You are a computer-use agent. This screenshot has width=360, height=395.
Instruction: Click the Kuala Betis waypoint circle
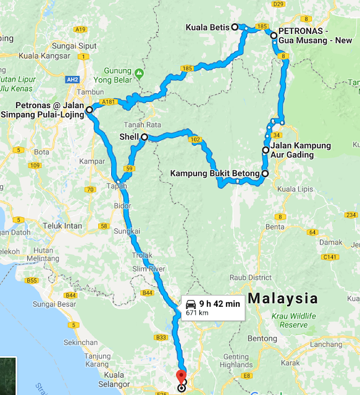point(235,27)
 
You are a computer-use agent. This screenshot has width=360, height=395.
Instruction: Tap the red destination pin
point(181,376)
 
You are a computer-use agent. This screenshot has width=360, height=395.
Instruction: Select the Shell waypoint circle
point(144,137)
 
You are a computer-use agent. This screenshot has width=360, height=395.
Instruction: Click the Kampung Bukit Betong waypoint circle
point(265,174)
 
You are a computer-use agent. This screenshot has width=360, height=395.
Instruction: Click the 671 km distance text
point(198,313)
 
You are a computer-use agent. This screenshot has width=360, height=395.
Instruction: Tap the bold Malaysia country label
point(283,299)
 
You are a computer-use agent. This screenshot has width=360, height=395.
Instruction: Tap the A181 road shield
point(109,102)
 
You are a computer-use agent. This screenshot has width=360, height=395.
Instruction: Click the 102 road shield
point(196,140)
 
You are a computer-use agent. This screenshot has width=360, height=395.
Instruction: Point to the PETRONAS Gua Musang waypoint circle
point(274,36)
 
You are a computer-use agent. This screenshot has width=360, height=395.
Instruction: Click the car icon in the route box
point(191,304)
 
